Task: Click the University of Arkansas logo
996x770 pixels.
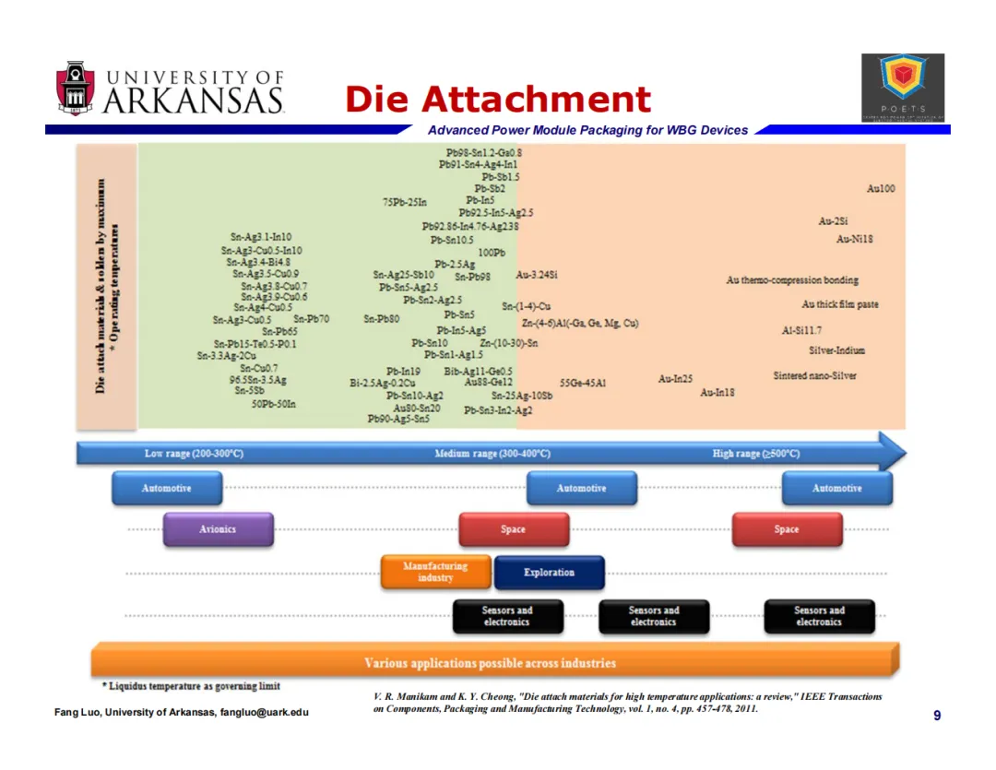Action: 170,89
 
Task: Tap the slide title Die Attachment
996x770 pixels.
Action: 498,100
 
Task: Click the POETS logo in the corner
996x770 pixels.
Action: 902,88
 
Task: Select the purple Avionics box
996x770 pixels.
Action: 218,529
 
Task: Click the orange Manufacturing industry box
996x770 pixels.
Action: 435,572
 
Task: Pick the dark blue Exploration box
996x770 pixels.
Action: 549,573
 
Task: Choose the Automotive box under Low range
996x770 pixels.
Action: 166,488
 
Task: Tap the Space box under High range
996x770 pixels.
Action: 787,529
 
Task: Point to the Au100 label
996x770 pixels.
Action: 881,189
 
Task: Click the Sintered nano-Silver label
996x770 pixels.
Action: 814,376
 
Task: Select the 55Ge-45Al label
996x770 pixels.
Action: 583,382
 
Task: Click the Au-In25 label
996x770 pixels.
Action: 675,379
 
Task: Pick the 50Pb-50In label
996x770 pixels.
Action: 274,404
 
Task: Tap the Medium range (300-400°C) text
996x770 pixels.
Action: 492,454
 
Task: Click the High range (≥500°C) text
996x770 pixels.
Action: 756,454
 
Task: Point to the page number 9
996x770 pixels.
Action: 937,716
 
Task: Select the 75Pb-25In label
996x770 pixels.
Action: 405,202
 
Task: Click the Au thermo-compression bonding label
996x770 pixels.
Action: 792,280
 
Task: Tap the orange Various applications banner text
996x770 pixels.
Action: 490,662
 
